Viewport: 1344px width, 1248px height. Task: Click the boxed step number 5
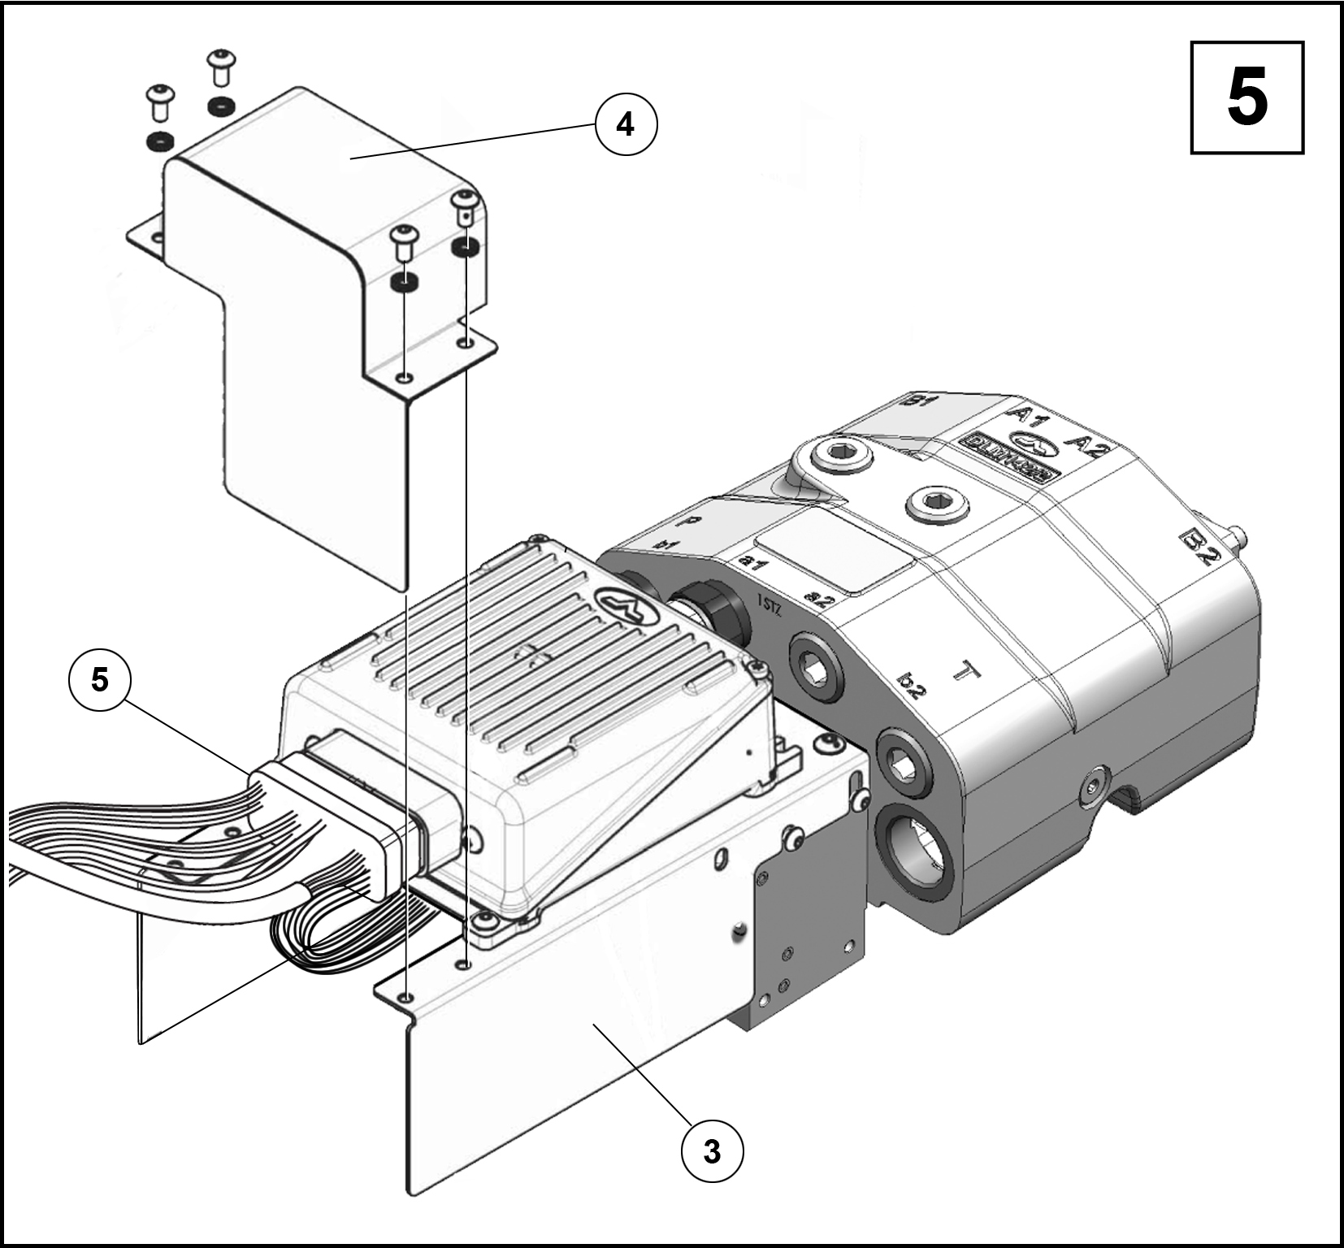pos(1246,97)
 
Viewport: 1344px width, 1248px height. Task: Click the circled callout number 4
pos(625,124)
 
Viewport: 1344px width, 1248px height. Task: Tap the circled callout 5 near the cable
pos(99,679)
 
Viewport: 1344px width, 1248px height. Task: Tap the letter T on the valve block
pos(967,672)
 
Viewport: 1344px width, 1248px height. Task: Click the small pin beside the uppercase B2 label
pos(1237,535)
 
